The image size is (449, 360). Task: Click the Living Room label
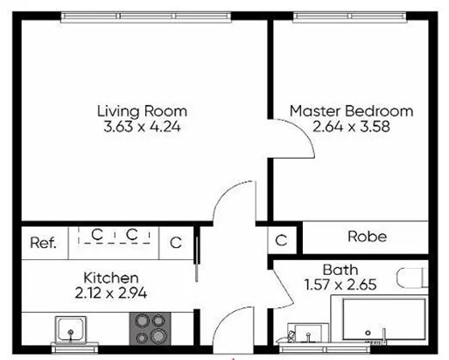[x=141, y=111]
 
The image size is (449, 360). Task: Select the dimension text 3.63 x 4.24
[x=141, y=126]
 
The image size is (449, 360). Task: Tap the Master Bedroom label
[x=350, y=111]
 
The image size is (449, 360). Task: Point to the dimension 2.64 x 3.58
[x=350, y=126]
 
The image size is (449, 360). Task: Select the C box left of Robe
[x=281, y=239]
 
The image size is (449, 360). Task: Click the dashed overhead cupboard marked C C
[x=114, y=236]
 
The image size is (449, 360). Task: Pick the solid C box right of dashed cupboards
[x=175, y=243]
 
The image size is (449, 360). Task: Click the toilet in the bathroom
[x=411, y=279]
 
